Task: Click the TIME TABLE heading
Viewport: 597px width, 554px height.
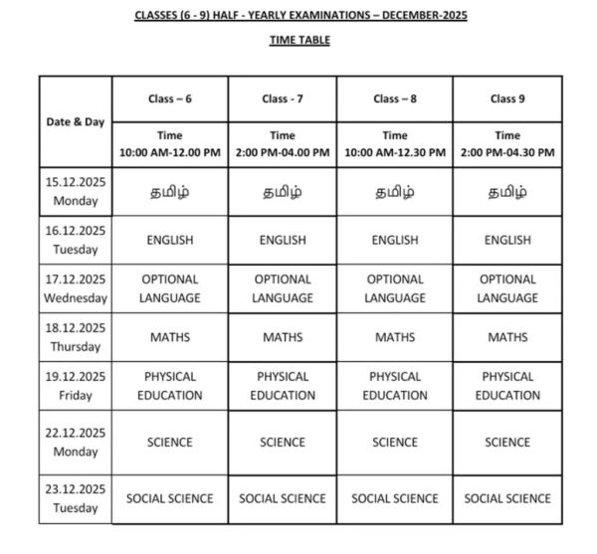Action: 299,40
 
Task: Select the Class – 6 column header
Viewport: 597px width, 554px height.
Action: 169,98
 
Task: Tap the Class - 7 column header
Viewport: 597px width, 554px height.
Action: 283,98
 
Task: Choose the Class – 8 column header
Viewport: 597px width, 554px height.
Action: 395,98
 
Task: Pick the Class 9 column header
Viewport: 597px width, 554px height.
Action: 507,98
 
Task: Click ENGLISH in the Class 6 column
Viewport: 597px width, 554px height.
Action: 169,240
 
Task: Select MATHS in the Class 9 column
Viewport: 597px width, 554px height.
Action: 507,337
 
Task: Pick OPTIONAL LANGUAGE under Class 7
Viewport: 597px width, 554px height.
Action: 283,288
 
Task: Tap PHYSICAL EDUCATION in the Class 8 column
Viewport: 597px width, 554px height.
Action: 395,386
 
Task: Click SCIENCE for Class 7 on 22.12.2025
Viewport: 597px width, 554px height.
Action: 283,442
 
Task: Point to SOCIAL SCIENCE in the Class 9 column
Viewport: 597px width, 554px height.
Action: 507,498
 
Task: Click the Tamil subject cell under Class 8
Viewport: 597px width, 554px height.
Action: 395,192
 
